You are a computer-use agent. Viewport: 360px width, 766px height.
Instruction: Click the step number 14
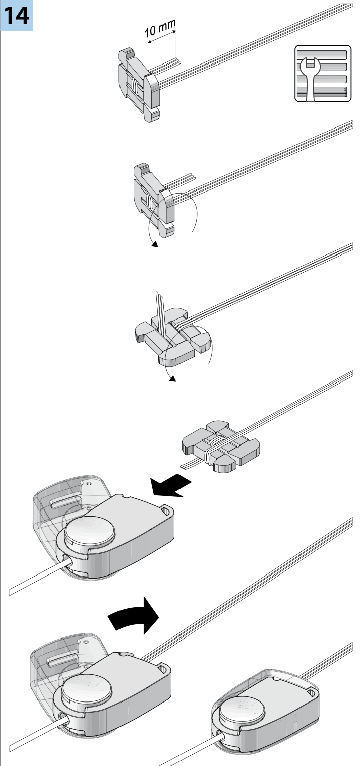pos(16,15)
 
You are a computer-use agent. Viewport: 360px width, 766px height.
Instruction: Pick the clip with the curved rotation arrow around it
pos(154,202)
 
